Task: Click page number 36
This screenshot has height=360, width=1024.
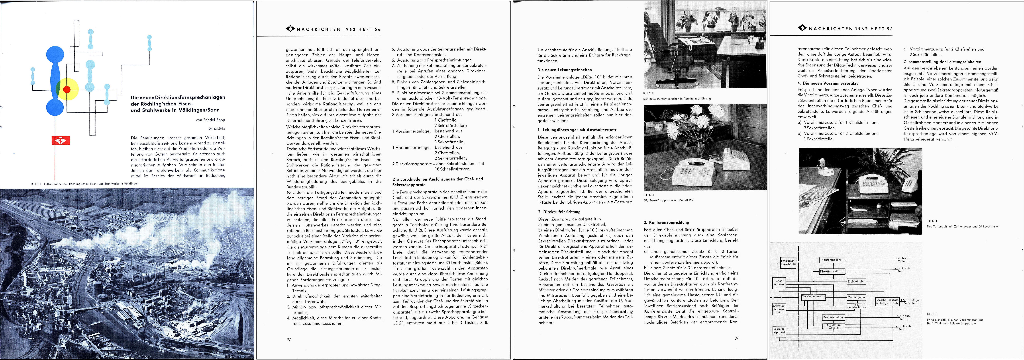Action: [x=289, y=340]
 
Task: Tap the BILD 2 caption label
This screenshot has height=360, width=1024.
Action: [x=648, y=93]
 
